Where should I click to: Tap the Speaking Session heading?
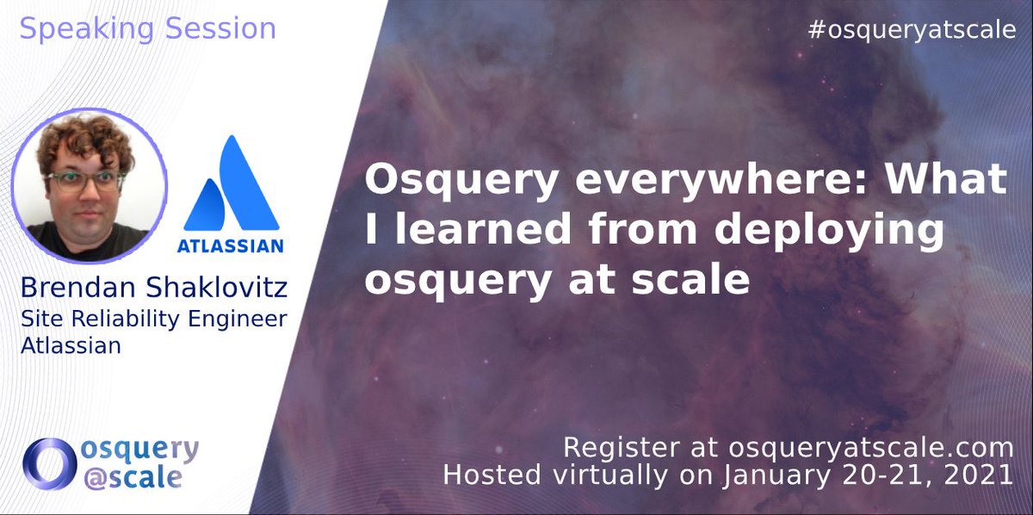point(147,28)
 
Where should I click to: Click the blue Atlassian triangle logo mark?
point(231,184)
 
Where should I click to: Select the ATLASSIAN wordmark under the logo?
point(230,246)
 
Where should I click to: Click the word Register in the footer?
point(612,447)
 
